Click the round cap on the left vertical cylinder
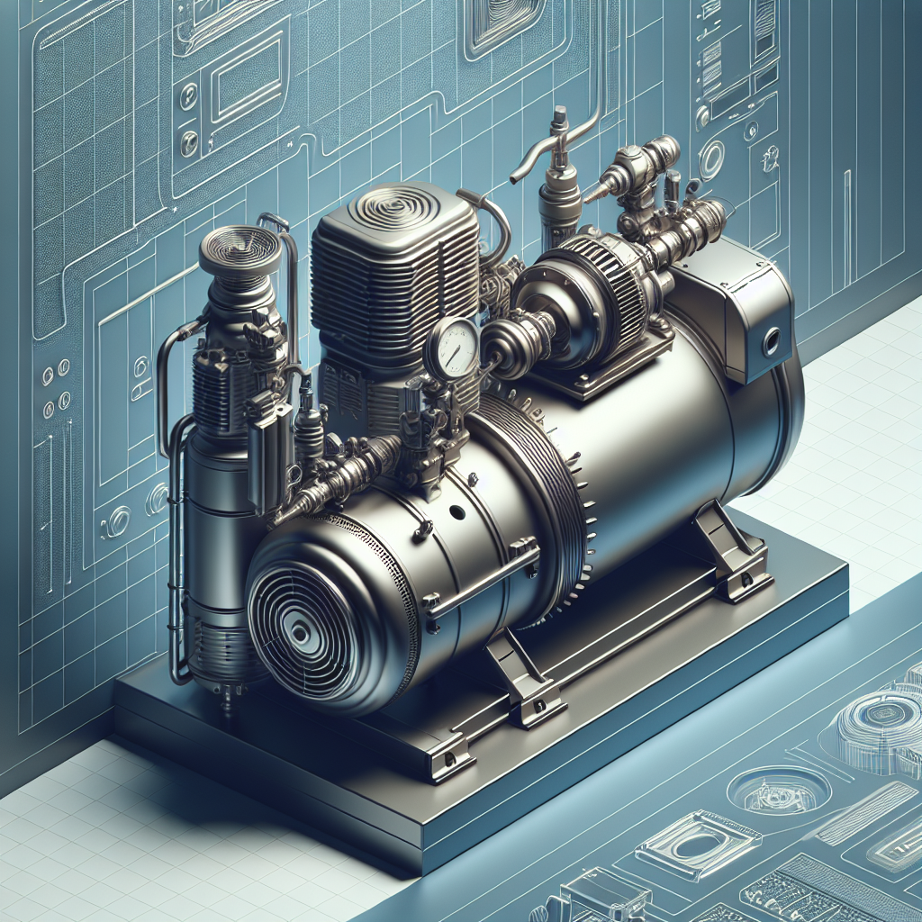coord(240,247)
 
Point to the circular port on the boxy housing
coord(772,343)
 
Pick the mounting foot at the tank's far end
coord(731,550)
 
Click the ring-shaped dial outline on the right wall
coord(712,159)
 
